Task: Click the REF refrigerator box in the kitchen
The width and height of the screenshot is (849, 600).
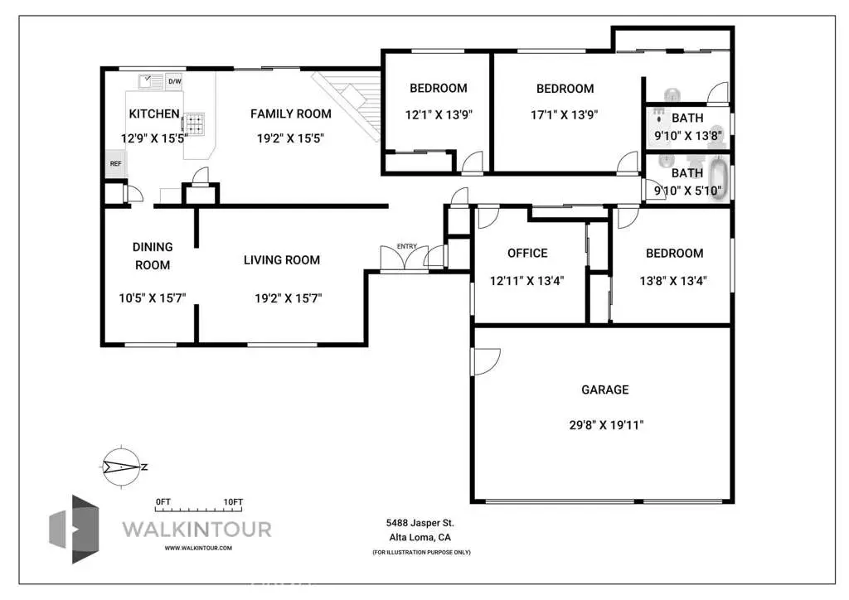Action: (x=115, y=163)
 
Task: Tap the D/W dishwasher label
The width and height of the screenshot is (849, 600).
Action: (x=174, y=81)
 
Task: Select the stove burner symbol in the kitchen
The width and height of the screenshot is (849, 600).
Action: (x=194, y=124)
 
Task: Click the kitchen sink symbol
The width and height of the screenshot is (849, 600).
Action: (x=150, y=81)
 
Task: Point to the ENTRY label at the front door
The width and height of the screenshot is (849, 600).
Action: (x=407, y=246)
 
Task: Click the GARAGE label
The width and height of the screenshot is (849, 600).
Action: (x=604, y=390)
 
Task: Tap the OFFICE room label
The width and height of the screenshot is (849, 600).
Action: (x=527, y=254)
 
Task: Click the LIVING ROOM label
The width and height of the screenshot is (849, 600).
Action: (x=281, y=260)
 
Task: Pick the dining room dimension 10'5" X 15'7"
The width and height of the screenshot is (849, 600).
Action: (x=153, y=298)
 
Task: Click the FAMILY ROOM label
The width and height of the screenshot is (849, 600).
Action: (x=290, y=114)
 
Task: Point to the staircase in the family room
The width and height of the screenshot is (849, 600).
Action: (x=348, y=95)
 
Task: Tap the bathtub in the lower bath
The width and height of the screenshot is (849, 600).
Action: (x=718, y=179)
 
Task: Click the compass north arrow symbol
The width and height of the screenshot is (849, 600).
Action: (x=122, y=467)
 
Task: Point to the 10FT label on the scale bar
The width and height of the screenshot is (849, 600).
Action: (x=233, y=502)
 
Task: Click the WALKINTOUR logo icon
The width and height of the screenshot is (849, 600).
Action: (x=75, y=529)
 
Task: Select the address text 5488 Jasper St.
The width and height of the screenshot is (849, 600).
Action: (x=420, y=523)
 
